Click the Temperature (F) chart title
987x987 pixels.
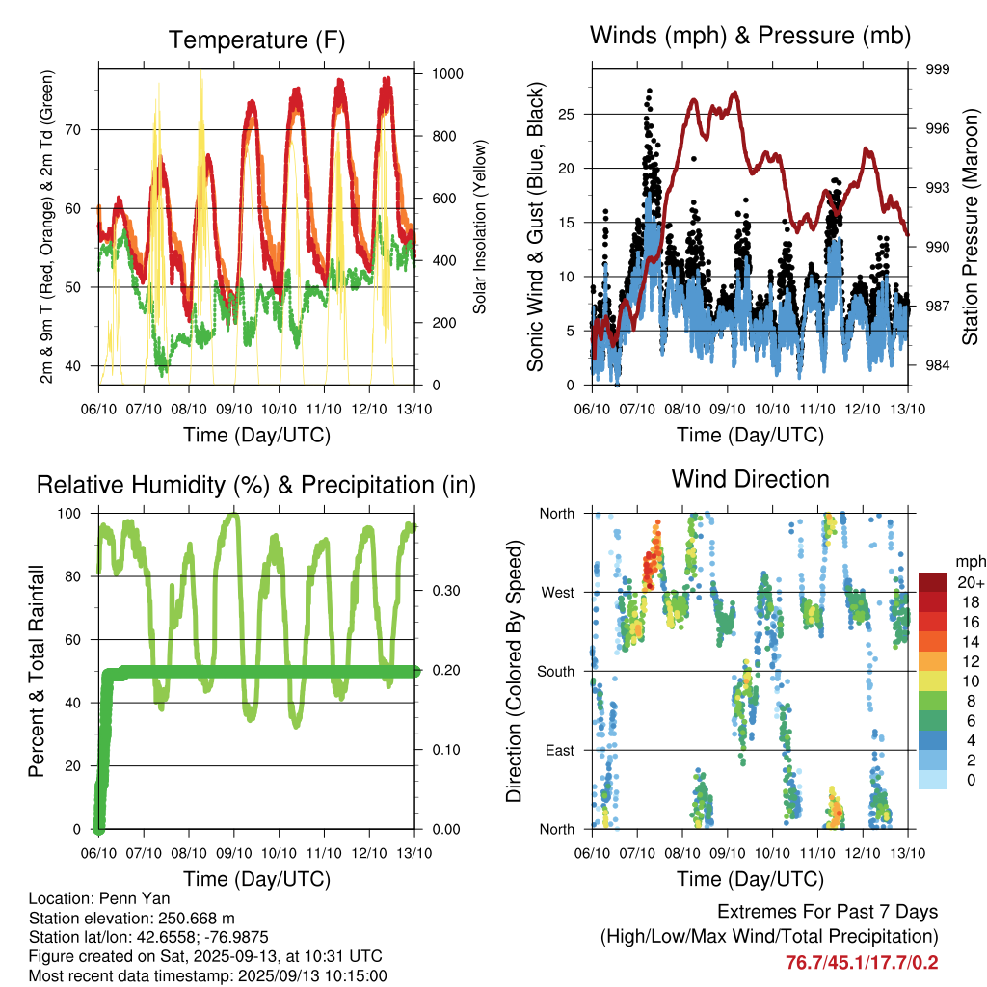(x=256, y=40)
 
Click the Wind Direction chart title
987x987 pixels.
(x=750, y=479)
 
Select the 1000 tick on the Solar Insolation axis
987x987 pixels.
(x=447, y=73)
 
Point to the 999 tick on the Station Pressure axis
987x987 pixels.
(x=937, y=69)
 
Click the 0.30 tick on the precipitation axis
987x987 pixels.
(x=446, y=591)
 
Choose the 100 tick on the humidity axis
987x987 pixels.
(x=69, y=513)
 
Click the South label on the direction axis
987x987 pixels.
(x=556, y=672)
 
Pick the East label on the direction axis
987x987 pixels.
(x=560, y=750)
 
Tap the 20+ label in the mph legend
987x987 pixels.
(x=971, y=582)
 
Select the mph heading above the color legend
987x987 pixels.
(x=971, y=562)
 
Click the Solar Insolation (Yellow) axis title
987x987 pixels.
(x=480, y=227)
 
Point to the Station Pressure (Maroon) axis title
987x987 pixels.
(x=970, y=227)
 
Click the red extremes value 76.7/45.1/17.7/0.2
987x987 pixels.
(x=862, y=963)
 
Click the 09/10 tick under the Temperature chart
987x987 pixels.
(x=233, y=409)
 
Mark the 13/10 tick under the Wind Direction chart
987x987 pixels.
(x=908, y=853)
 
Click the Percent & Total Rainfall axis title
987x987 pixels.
(x=37, y=671)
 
